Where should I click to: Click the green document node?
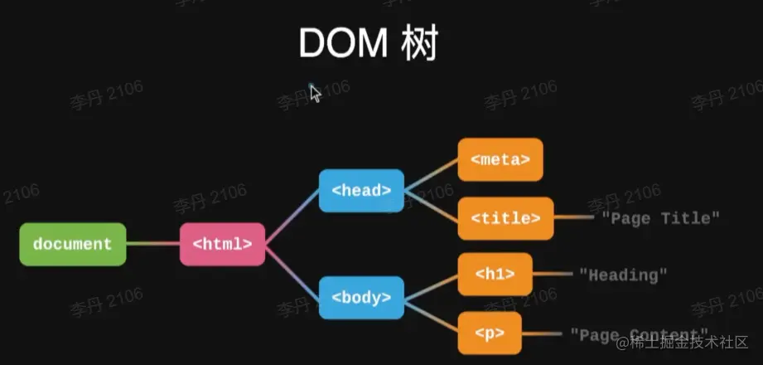click(x=73, y=244)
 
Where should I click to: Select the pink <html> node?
click(x=222, y=244)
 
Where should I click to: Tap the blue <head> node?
click(x=361, y=190)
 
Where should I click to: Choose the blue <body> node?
click(x=361, y=297)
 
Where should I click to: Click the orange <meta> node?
click(x=500, y=159)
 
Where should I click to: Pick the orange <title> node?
click(x=505, y=218)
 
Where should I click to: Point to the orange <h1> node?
click(x=495, y=274)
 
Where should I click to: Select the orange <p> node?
click(x=490, y=333)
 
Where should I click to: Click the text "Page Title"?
click(x=660, y=218)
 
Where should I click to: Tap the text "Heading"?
click(x=622, y=274)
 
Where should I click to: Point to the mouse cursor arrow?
click(x=315, y=92)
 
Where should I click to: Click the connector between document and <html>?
click(x=153, y=244)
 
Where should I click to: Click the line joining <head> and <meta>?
click(x=431, y=175)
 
